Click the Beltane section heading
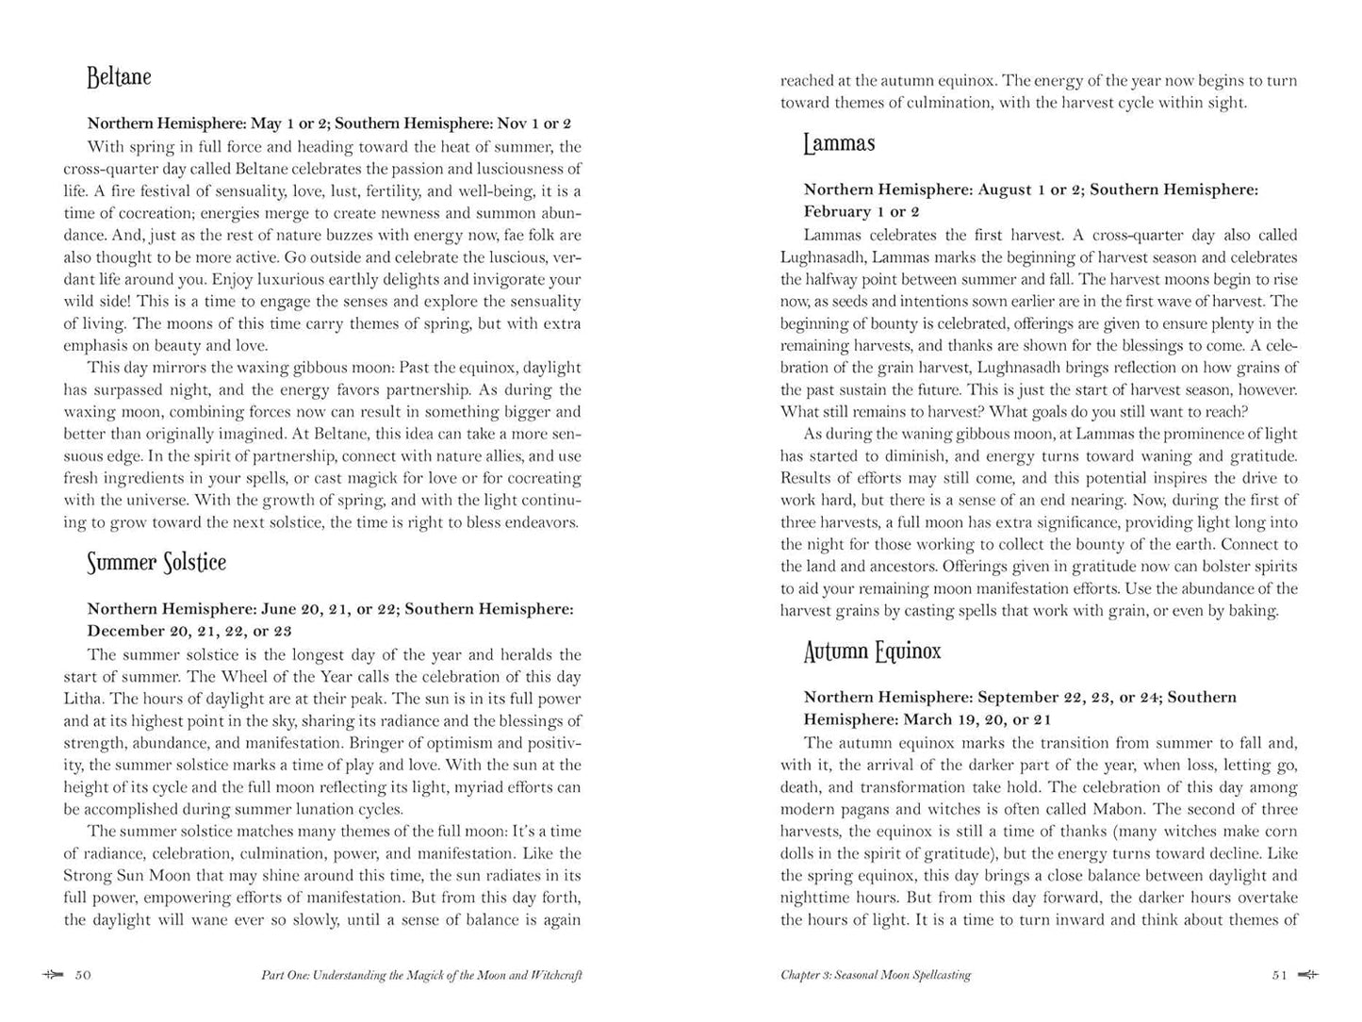tap(119, 77)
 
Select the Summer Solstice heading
tap(156, 563)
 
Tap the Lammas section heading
tap(839, 143)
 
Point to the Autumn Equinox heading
tap(872, 651)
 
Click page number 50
tap(83, 975)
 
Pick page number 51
tap(1279, 975)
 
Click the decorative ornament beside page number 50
tap(53, 975)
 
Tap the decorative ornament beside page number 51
tap(1307, 975)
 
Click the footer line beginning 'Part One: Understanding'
tap(421, 975)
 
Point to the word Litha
tap(83, 699)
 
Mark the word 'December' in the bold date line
tap(123, 631)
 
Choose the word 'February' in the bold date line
tap(837, 211)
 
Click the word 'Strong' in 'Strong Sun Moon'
tap(88, 875)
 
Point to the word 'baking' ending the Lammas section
tap(1253, 610)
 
